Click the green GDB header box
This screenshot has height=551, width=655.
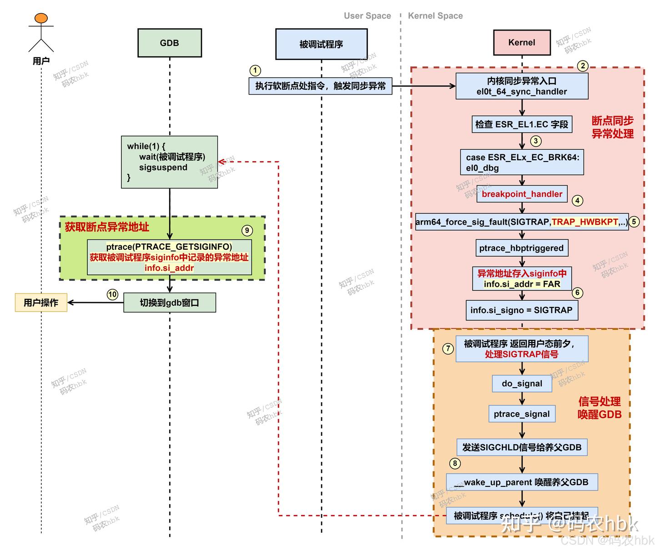(169, 43)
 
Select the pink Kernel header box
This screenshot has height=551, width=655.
(522, 42)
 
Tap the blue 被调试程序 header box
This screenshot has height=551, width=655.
(321, 44)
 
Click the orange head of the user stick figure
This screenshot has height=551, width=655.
(41, 18)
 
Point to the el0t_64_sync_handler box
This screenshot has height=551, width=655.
(522, 86)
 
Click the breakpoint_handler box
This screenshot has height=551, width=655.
(522, 194)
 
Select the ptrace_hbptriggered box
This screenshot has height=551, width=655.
(521, 248)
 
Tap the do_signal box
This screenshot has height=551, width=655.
(522, 384)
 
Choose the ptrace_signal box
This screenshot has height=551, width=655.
(522, 414)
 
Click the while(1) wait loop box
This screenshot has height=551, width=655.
(169, 162)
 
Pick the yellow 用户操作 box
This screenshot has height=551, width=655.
(41, 303)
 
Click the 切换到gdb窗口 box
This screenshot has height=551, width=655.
(169, 303)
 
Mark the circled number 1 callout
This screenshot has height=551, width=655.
(255, 71)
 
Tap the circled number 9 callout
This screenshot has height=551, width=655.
(247, 230)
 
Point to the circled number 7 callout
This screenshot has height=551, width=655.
(448, 349)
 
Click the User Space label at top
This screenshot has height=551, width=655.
(367, 16)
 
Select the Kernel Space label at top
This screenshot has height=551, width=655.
(435, 16)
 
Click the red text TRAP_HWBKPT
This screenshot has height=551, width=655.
(584, 222)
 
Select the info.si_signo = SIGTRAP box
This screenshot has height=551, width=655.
(521, 310)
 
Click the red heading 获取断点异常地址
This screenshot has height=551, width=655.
(107, 227)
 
